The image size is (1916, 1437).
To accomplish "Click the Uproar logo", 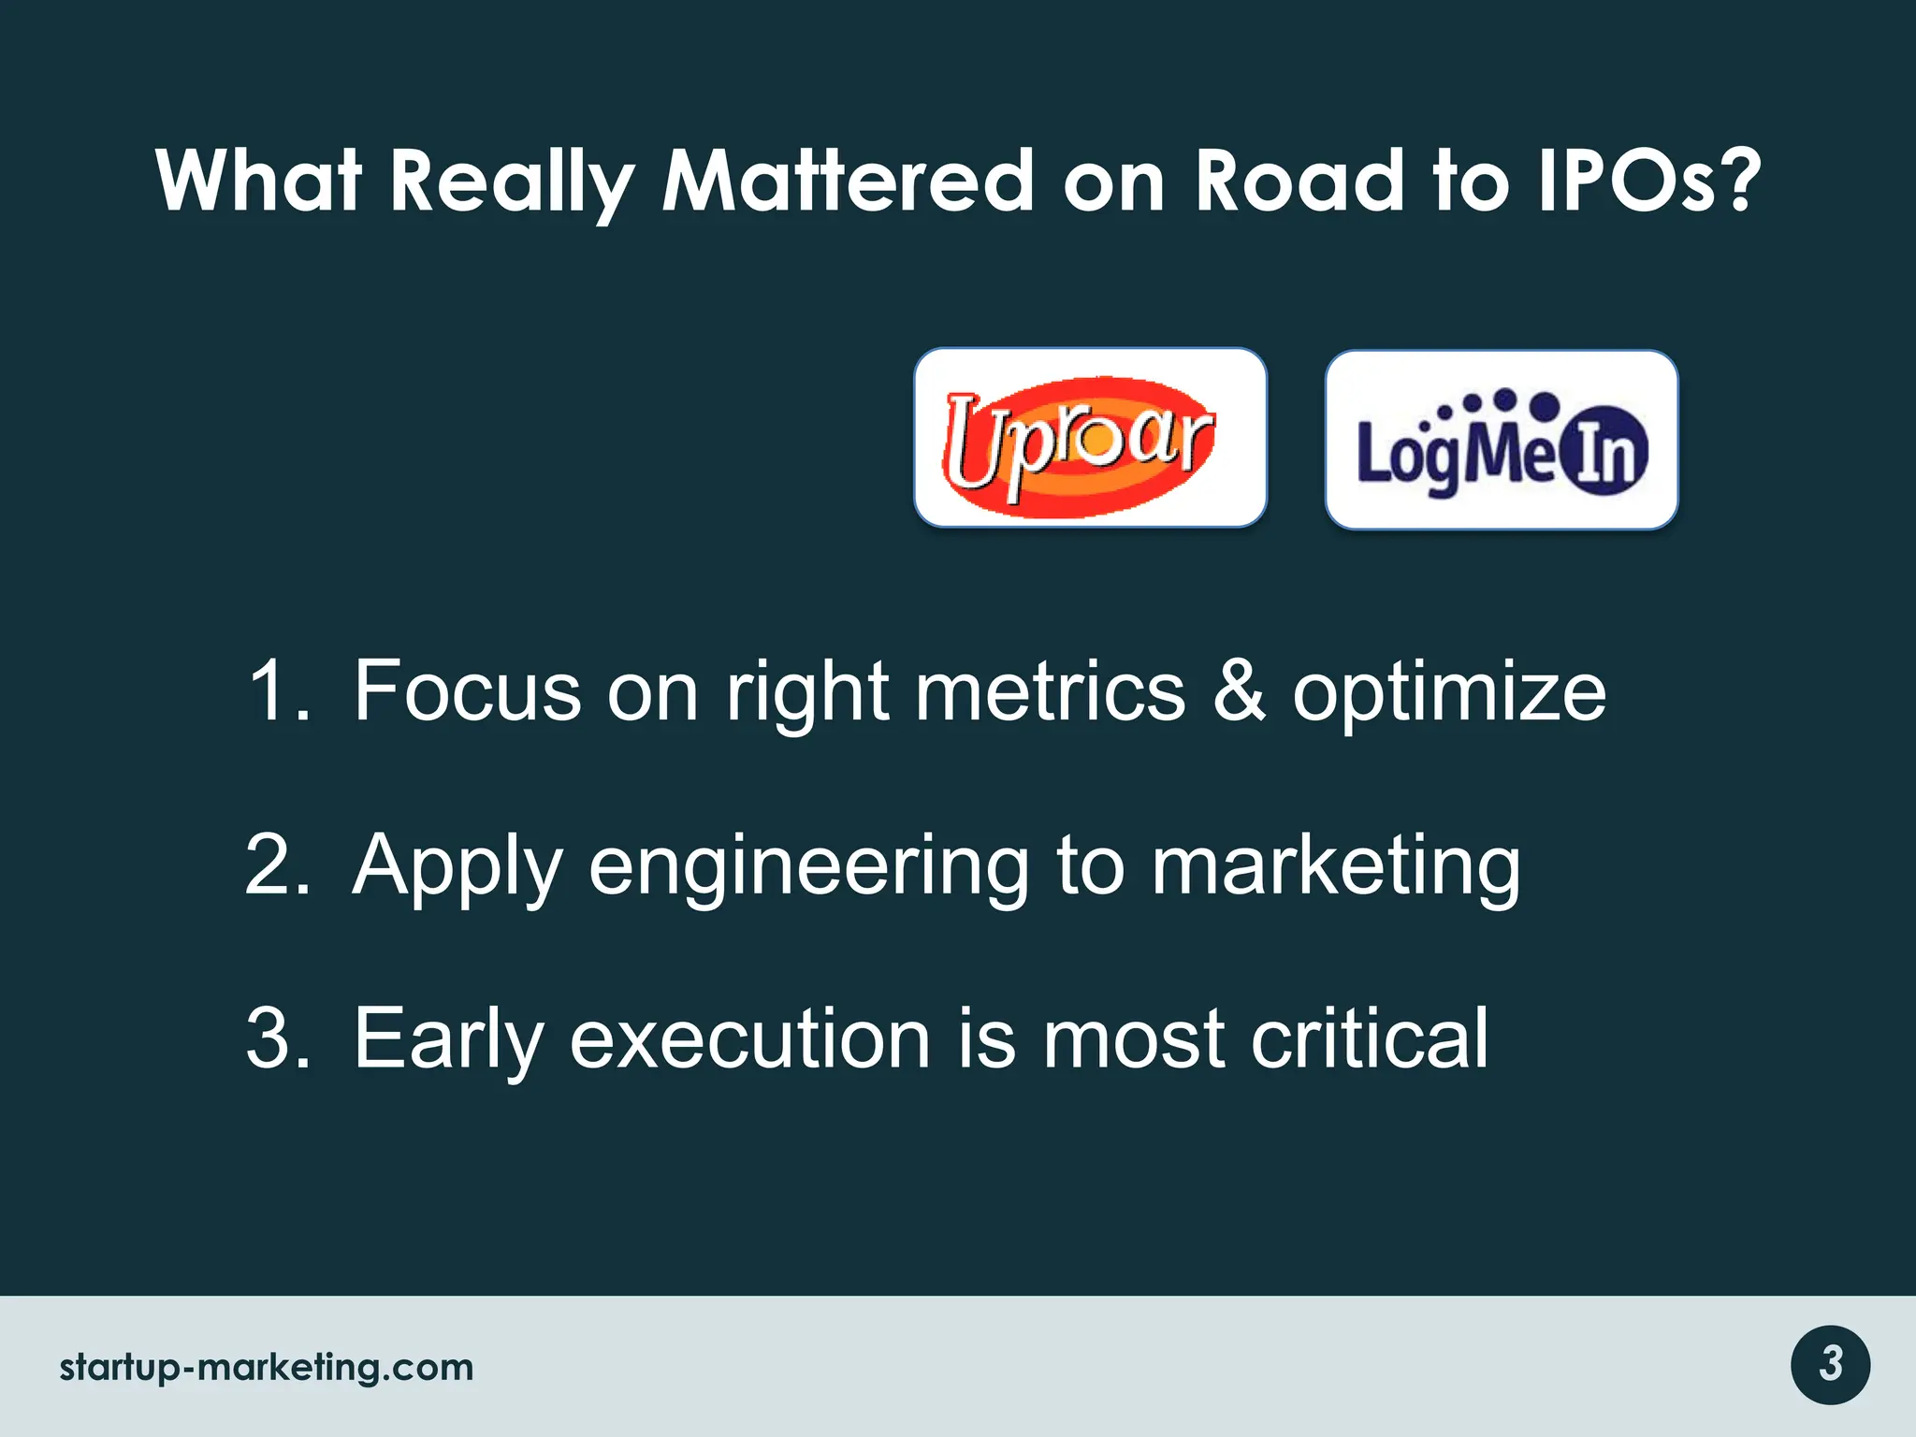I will click(1090, 438).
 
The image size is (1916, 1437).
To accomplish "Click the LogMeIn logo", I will click(1502, 440).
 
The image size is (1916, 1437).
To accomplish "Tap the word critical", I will click(1370, 1038).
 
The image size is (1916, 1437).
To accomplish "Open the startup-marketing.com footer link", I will click(267, 1367).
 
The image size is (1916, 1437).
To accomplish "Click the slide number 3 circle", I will click(1830, 1365).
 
